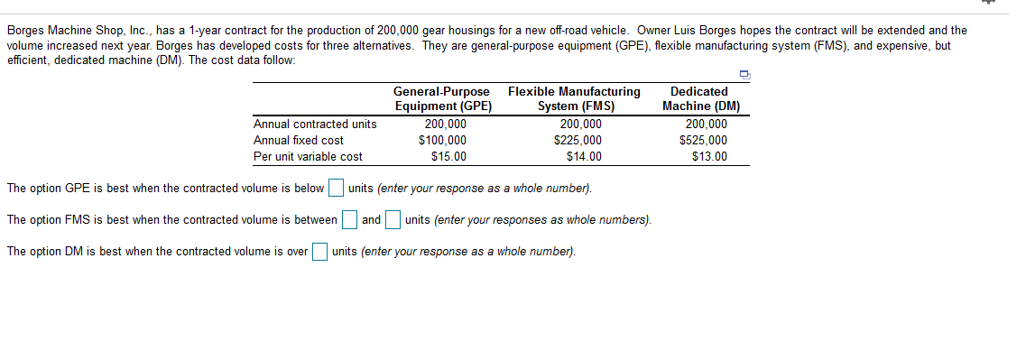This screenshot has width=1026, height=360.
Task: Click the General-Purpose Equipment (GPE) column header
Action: point(442,98)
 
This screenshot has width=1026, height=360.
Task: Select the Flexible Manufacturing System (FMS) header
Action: point(575,98)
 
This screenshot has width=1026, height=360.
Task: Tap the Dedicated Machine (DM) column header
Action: point(701,98)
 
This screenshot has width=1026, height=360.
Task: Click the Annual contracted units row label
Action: point(315,124)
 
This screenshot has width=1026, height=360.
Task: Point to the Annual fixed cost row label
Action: point(299,140)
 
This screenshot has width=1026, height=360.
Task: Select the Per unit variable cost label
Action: point(308,156)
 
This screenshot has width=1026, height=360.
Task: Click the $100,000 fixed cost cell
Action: point(442,140)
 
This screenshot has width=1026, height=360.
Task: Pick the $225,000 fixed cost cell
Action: point(578,140)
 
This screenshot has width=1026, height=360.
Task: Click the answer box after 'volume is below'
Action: point(336,189)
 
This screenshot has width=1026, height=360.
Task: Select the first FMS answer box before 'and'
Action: point(348,220)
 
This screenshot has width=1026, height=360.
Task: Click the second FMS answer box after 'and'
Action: point(393,220)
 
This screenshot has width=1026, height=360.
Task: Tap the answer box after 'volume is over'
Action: point(319,252)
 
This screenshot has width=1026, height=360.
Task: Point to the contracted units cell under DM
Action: point(706,124)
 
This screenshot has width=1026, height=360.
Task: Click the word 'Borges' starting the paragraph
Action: point(25,30)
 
